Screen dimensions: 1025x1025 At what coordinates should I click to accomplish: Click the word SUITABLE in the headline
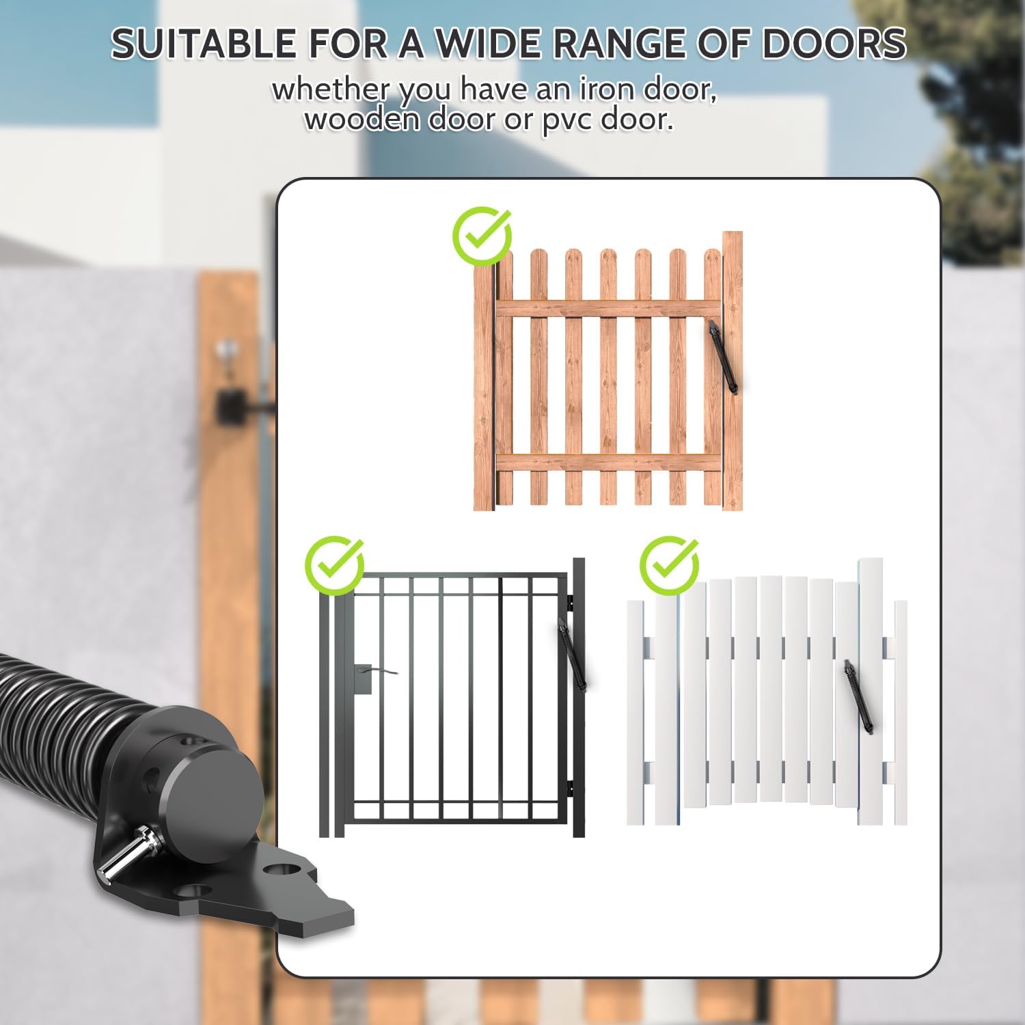coord(203,44)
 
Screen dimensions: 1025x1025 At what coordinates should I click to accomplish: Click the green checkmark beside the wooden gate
coord(482,236)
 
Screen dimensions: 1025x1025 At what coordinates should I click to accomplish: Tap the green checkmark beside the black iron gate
coord(334,566)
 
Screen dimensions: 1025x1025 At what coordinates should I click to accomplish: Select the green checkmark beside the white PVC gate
coord(669,566)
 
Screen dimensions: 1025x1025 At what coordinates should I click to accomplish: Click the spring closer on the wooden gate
coord(724,358)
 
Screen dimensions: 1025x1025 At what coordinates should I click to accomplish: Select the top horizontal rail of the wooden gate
coord(607,309)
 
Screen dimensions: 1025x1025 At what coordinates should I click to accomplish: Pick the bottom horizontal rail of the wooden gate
coord(607,463)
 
